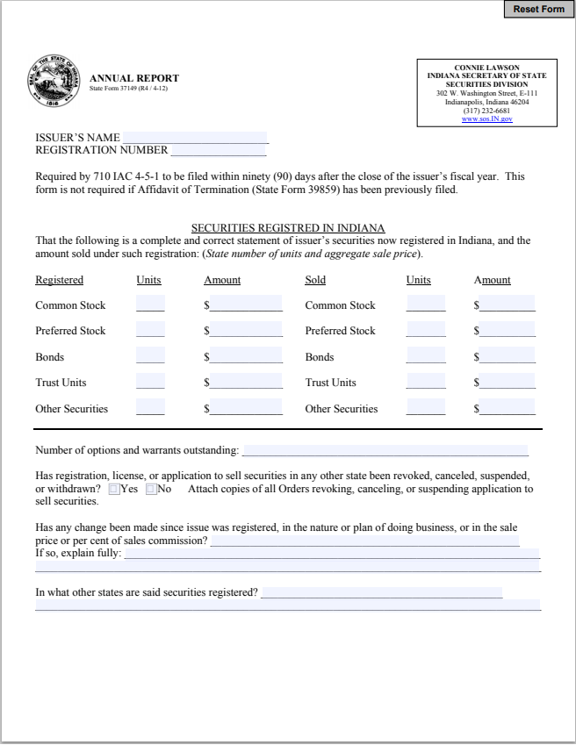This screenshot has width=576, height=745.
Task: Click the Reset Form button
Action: coord(538,9)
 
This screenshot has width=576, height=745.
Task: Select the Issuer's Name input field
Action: coord(195,137)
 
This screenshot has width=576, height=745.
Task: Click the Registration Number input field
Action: coord(218,150)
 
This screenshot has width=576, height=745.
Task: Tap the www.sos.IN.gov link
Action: coord(486,118)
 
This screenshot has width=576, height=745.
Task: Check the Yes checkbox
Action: coord(114,489)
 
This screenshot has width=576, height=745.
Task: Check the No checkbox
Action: coord(151,489)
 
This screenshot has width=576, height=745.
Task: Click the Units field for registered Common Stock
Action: coord(150,304)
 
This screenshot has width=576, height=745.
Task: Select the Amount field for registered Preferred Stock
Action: coord(246,330)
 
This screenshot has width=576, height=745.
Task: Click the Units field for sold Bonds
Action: coord(426,356)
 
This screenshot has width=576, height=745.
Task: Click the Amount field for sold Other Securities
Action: coord(507,408)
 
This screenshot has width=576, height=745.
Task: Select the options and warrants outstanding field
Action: coord(385,450)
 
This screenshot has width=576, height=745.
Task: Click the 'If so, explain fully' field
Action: coord(332,554)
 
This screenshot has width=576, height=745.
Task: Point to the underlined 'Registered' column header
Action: coord(59,280)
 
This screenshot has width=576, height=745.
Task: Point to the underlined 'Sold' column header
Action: coord(315,280)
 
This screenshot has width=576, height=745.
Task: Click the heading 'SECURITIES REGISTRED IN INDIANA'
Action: coord(288,228)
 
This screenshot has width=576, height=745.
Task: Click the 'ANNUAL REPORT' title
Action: coord(134,78)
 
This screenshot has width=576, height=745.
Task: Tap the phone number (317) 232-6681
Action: coord(486,111)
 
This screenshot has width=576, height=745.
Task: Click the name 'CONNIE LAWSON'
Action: coord(486,68)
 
